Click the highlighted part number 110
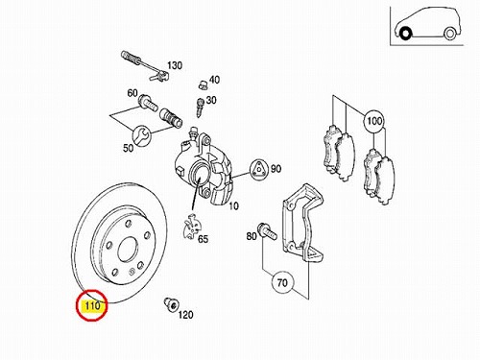tap(92, 306)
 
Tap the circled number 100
tap(374, 121)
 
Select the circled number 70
tap(282, 282)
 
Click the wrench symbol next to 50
tap(141, 135)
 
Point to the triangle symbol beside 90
tap(258, 169)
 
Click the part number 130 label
tap(175, 65)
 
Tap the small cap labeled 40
tap(203, 84)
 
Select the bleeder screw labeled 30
tap(201, 108)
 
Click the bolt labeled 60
tap(148, 103)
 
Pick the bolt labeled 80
tap(267, 231)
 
